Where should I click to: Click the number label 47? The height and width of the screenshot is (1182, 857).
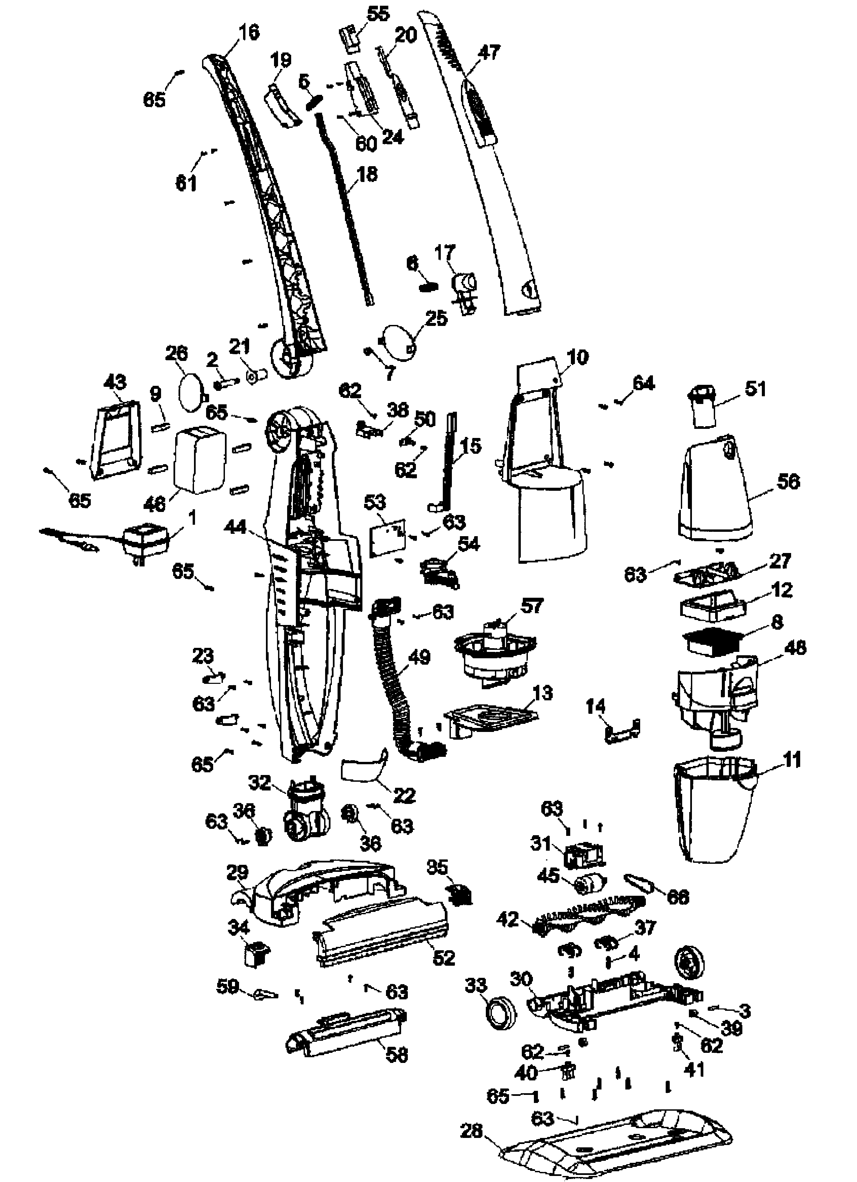[488, 52]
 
